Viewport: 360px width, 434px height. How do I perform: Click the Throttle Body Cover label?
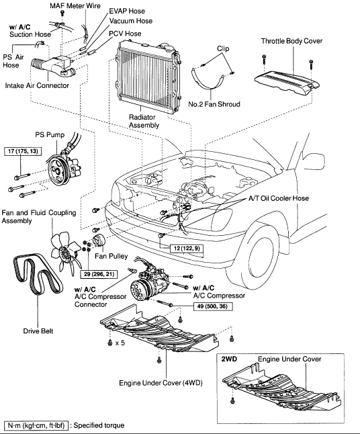point(291,41)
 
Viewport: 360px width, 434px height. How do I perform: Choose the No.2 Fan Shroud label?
point(214,104)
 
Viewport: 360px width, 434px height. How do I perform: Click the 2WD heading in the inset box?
point(229,359)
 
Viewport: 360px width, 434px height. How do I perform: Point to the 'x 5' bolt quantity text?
point(120,343)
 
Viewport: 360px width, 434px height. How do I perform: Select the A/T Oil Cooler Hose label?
point(278,198)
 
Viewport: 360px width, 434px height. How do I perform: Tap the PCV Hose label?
point(125,34)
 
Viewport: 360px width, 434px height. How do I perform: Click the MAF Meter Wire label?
point(75,6)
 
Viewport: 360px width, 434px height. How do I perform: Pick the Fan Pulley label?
point(111,256)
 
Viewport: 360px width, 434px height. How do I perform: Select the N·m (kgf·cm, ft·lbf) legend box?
point(36,425)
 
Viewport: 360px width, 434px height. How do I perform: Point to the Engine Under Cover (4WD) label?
point(161,383)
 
